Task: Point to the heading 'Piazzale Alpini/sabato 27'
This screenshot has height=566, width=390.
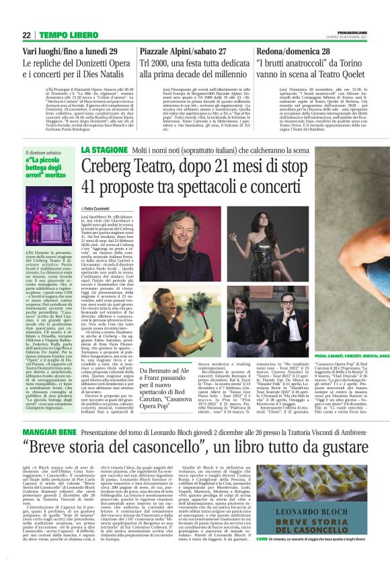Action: coord(186,51)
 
